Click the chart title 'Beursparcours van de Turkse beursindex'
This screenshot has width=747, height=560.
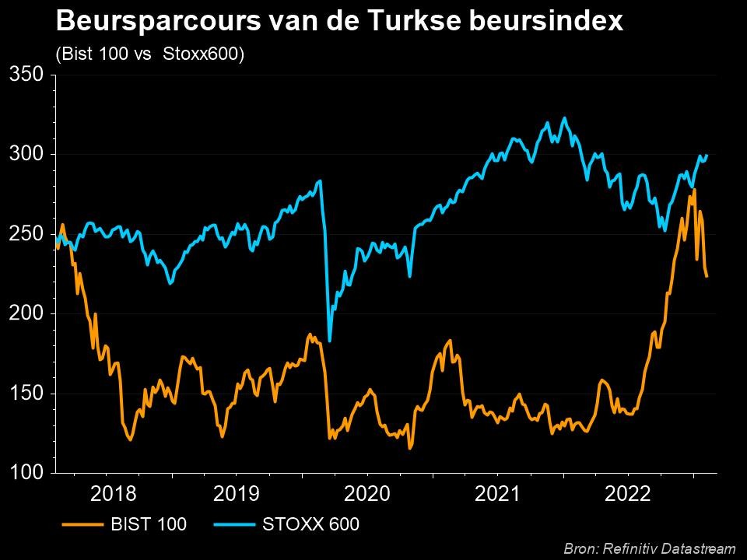(x=340, y=21)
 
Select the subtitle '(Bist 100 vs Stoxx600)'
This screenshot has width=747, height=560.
(x=150, y=54)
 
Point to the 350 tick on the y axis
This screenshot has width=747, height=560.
(x=28, y=75)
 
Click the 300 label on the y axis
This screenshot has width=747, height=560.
(x=28, y=155)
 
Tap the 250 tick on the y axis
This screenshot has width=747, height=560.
(x=28, y=234)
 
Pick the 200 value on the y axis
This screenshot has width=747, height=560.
(x=28, y=314)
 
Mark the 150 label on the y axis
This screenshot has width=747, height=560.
(x=28, y=394)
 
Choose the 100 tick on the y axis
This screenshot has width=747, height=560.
(x=28, y=473)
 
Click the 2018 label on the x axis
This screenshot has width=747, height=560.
(x=114, y=493)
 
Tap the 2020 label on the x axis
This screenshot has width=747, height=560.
(x=368, y=493)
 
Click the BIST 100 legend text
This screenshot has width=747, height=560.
(x=149, y=525)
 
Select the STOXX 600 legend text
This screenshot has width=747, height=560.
(x=311, y=525)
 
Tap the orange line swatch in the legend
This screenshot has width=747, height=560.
(x=81, y=525)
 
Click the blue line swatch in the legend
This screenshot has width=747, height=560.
(x=233, y=525)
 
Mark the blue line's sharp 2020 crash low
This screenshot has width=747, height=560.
(x=330, y=341)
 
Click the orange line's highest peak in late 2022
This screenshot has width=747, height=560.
(x=694, y=190)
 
